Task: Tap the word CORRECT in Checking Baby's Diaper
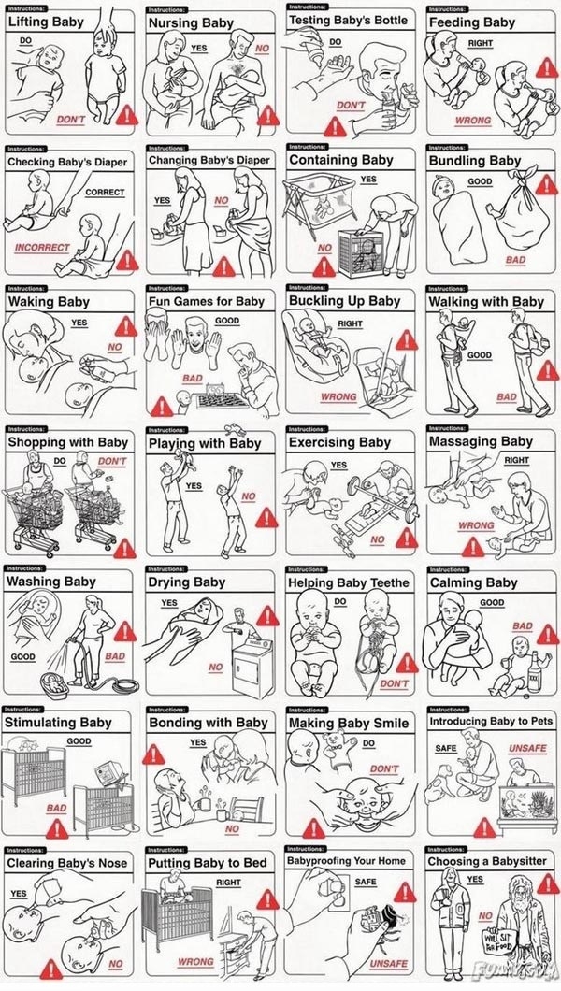105,193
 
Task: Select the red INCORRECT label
41,248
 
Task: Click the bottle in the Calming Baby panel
534,668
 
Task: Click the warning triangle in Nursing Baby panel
268,114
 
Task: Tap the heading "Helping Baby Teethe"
349,582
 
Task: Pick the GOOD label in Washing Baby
23,656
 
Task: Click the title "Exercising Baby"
339,442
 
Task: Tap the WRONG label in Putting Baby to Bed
195,961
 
